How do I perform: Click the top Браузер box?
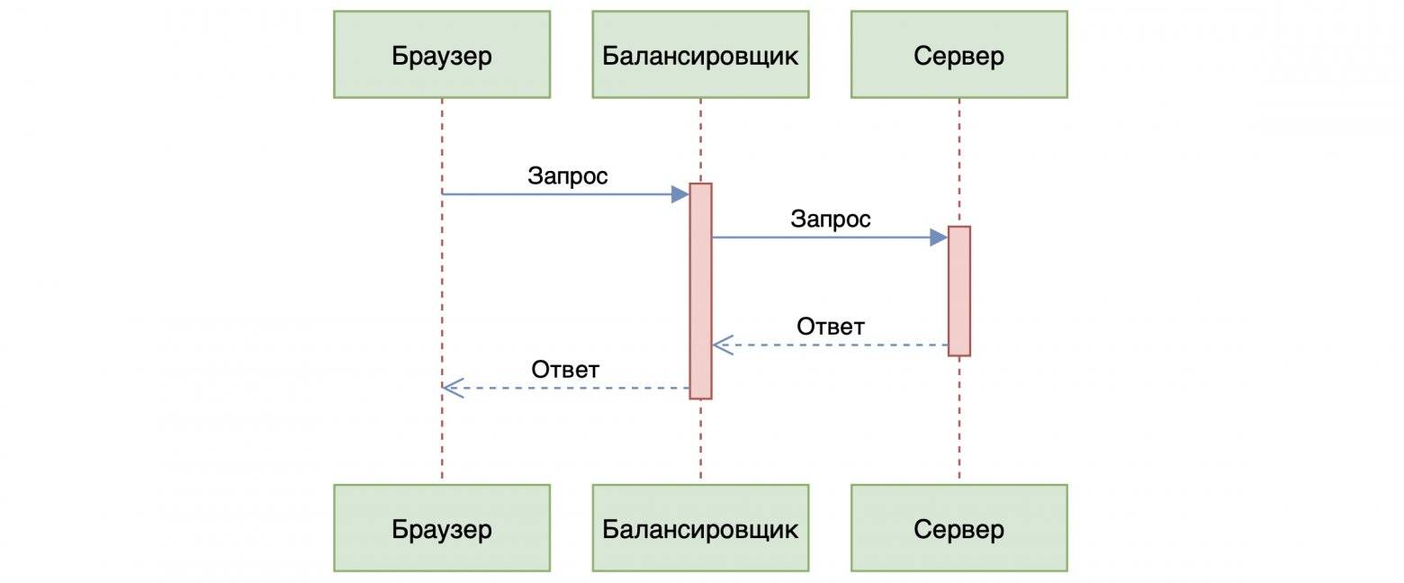point(442,55)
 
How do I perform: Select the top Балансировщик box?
point(700,55)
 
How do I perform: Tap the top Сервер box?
point(958,55)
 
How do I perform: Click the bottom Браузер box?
point(442,528)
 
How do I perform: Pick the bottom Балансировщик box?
point(700,528)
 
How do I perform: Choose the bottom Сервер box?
point(958,528)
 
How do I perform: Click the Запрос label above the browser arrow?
point(568,175)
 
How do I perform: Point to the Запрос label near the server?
point(831,219)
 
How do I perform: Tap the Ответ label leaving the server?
point(831,326)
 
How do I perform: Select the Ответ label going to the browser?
point(565,369)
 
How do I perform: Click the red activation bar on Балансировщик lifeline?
point(700,291)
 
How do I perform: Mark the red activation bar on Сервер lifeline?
point(959,291)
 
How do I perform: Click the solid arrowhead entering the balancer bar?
point(680,193)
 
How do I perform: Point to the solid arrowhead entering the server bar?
point(939,237)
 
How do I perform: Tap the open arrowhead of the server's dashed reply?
point(722,345)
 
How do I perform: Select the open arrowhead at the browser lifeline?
point(452,388)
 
